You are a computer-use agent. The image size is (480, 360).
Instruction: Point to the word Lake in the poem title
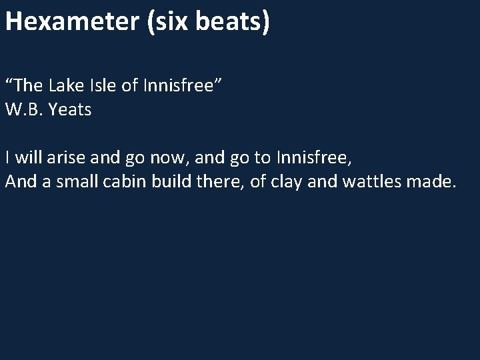67,85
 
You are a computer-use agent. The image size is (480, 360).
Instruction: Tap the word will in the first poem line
28,158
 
